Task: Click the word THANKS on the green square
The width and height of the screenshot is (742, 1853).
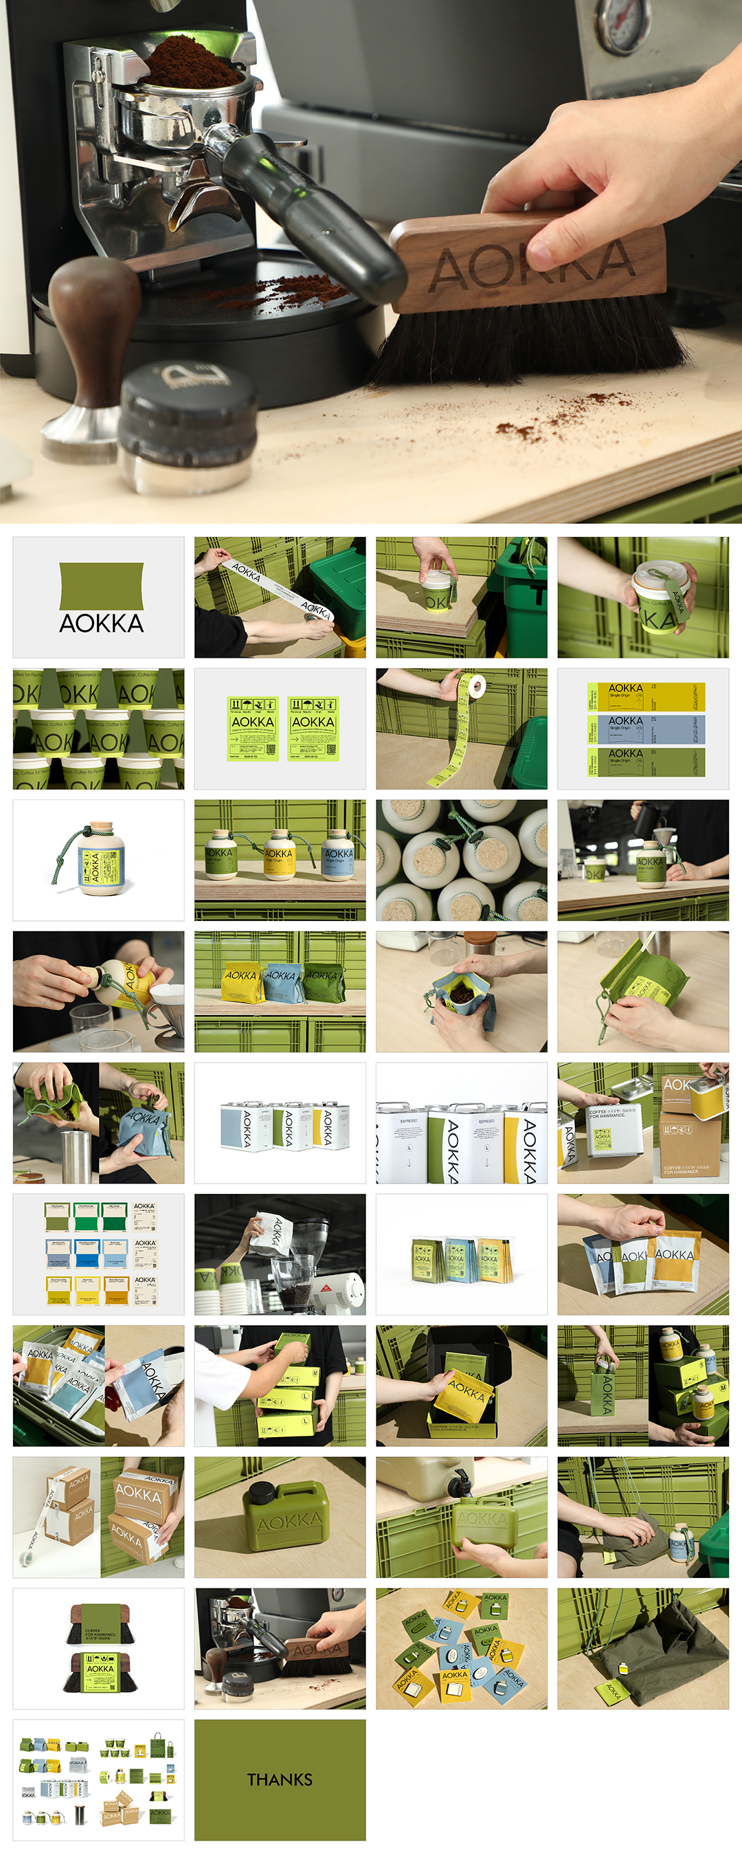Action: pyautogui.click(x=280, y=1779)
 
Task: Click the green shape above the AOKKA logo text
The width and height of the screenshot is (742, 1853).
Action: pyautogui.click(x=101, y=586)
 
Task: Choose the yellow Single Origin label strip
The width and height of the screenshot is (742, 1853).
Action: pyautogui.click(x=646, y=697)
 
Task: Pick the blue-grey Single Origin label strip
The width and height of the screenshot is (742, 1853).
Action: pyautogui.click(x=646, y=729)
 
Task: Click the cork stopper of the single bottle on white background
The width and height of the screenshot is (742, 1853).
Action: pyautogui.click(x=101, y=829)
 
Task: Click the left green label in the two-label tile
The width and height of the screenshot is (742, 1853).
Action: pyautogui.click(x=252, y=728)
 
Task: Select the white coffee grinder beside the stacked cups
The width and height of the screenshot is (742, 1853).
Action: pyautogui.click(x=338, y=1292)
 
